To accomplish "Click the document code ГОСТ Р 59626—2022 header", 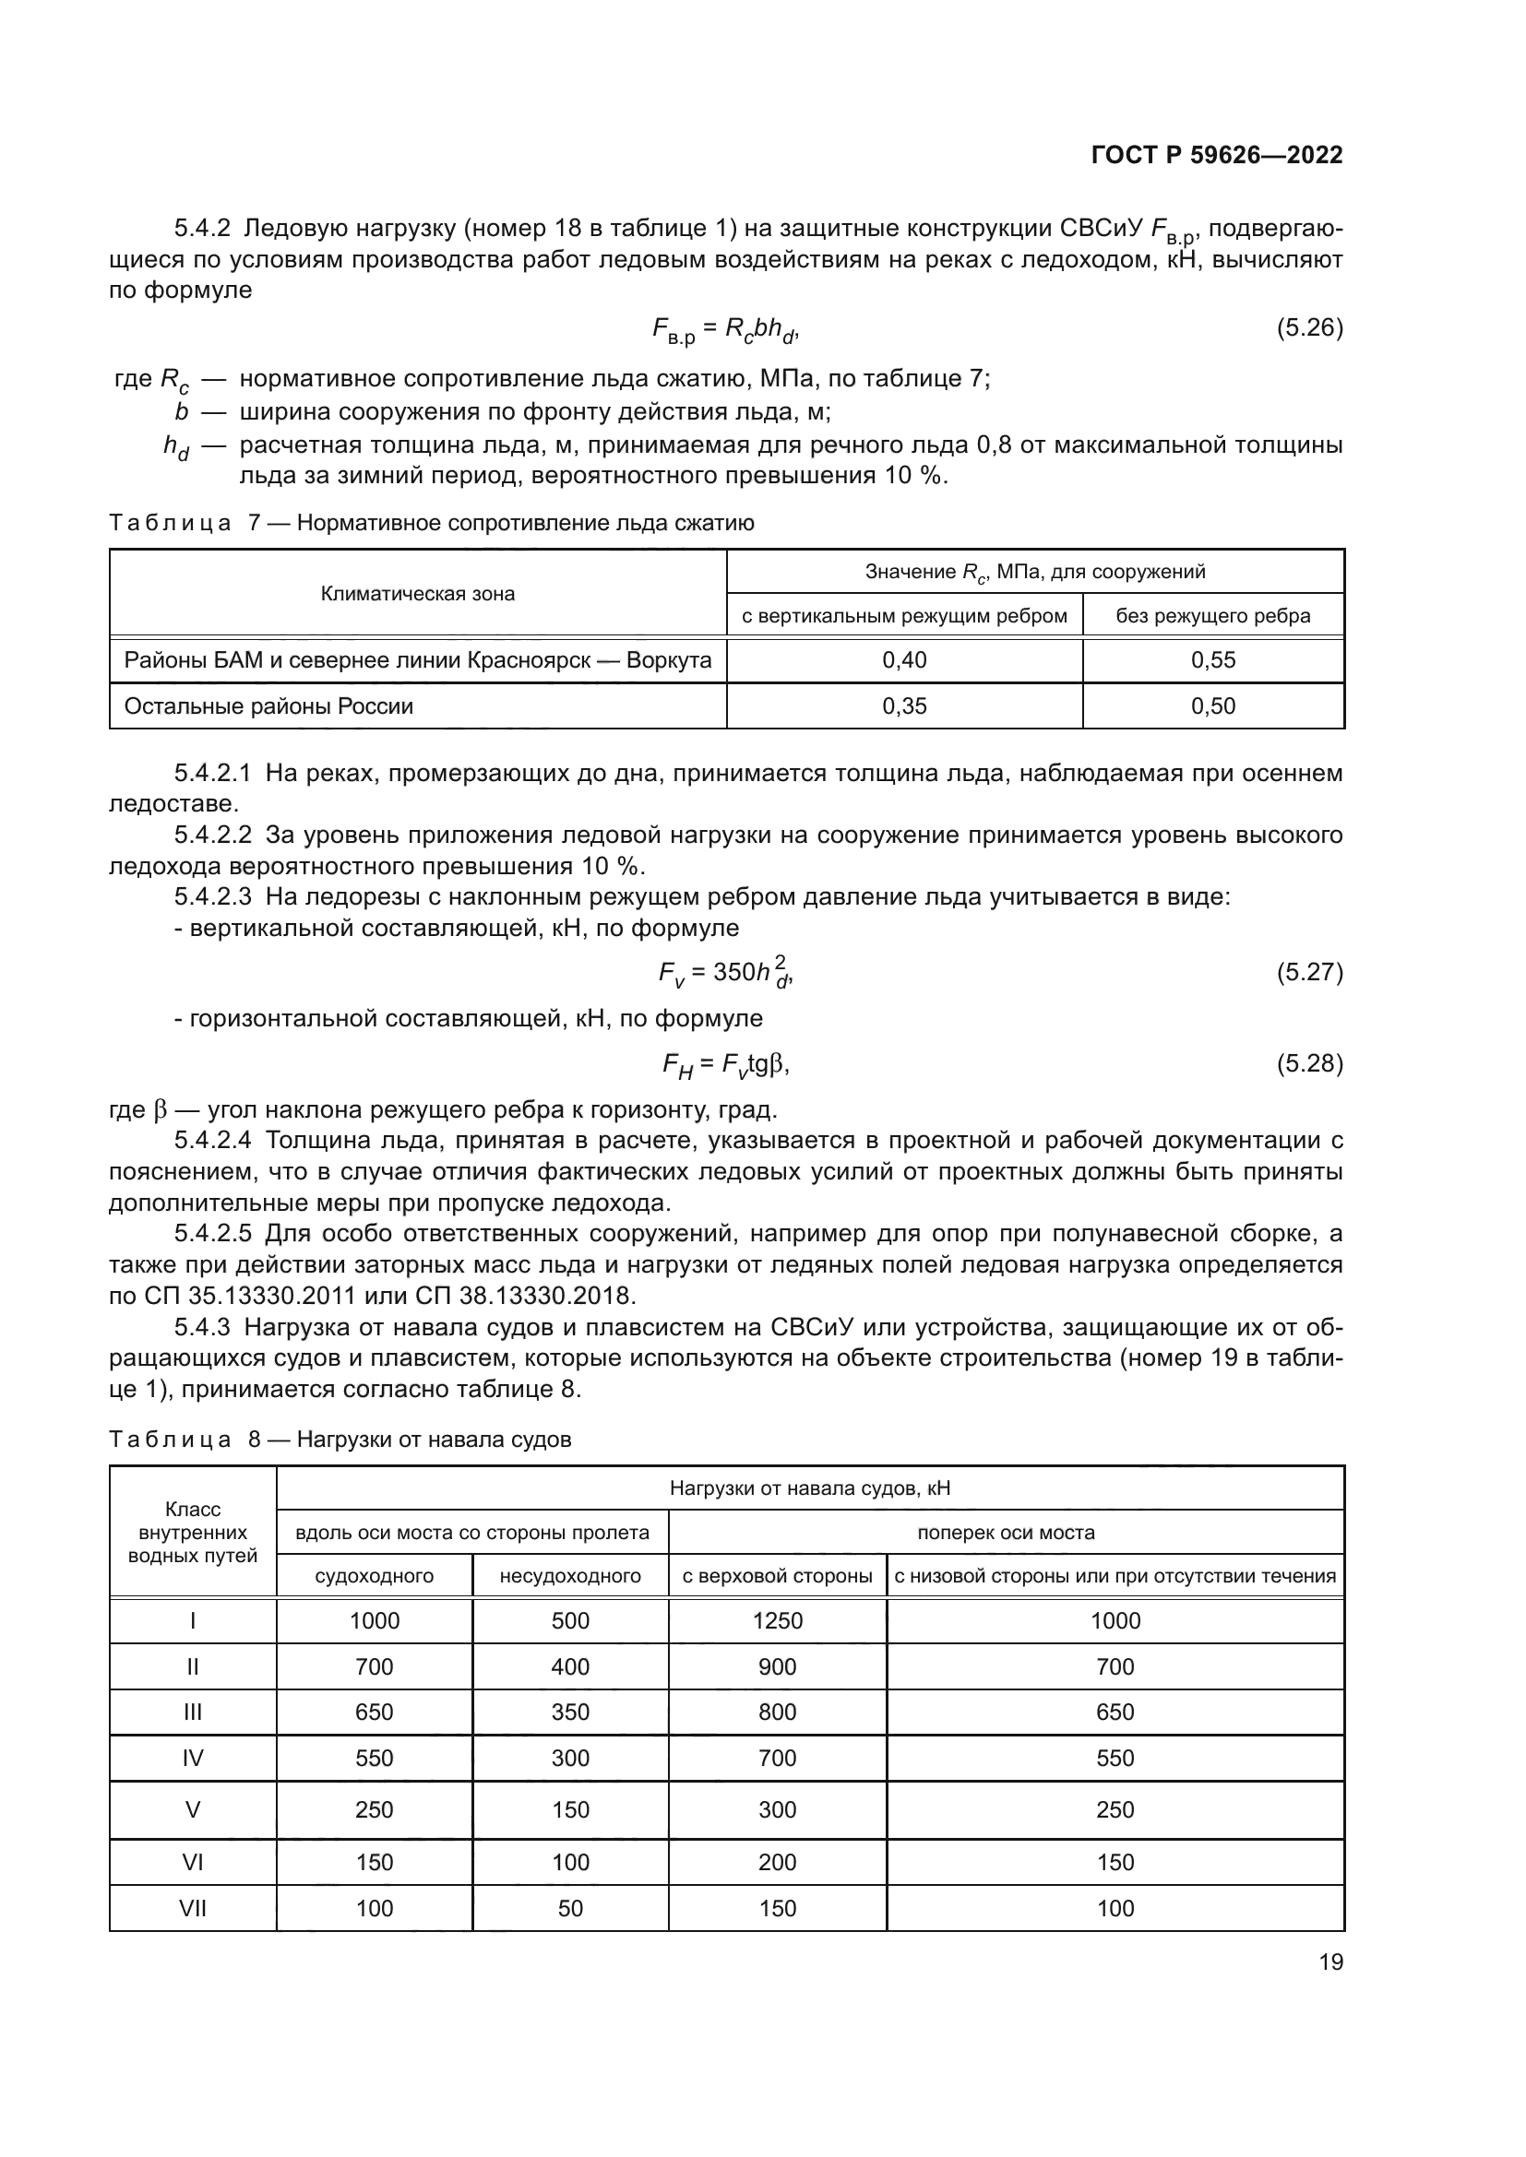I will [x=1216, y=155].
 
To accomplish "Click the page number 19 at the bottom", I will [x=1330, y=1961].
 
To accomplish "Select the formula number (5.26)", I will [x=1309, y=328].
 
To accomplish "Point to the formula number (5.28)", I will [x=1309, y=1063].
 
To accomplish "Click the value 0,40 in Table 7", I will [x=904, y=660].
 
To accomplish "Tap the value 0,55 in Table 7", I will [x=1212, y=660].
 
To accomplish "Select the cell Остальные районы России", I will [x=268, y=706].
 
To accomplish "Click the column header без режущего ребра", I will [x=1212, y=616].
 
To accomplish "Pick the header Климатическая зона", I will [x=417, y=594].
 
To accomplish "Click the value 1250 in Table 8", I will [x=777, y=1620].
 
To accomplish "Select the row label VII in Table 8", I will [x=193, y=1908].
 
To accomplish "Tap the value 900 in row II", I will [x=777, y=1666].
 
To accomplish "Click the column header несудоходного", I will [x=569, y=1576].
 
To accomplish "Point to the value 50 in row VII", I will [x=569, y=1908].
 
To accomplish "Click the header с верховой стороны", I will [x=777, y=1576].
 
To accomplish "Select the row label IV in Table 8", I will [x=193, y=1758].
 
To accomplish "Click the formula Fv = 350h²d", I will [x=725, y=972].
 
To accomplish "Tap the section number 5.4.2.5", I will [x=212, y=1234].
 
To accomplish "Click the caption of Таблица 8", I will [x=340, y=1440].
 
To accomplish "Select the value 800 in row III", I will [x=777, y=1712].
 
